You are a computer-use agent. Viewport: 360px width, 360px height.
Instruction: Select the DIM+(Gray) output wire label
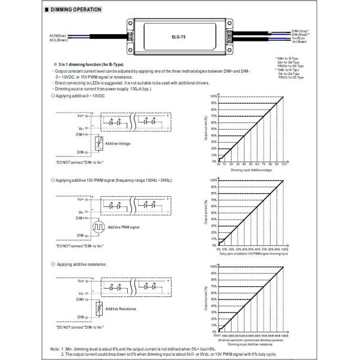pyautogui.click(x=300, y=30)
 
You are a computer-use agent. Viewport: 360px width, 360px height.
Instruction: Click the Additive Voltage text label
pyautogui.click(x=119, y=144)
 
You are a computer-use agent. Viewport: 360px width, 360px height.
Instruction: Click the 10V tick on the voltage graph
pyautogui.click(x=283, y=163)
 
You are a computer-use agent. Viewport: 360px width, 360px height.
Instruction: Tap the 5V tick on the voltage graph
pyautogui.click(x=251, y=163)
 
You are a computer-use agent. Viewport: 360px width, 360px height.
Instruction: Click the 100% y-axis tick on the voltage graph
pyautogui.click(x=214, y=95)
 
